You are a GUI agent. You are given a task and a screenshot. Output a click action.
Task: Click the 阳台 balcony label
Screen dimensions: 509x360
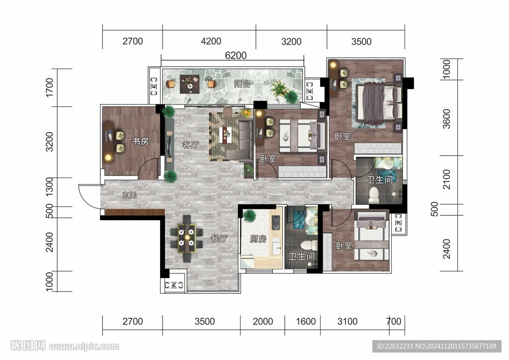(242, 84)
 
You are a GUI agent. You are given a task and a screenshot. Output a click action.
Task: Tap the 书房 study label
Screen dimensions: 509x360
(141, 141)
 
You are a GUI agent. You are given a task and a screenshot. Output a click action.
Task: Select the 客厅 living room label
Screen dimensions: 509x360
(190, 145)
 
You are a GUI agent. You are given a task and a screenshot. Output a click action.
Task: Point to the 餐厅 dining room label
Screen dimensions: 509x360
(219, 239)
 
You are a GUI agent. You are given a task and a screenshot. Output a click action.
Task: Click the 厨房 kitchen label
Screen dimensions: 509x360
(258, 239)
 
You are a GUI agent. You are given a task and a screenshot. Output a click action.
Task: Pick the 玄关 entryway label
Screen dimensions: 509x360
(129, 195)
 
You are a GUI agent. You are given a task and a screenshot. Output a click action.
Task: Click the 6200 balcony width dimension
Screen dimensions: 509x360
(236, 56)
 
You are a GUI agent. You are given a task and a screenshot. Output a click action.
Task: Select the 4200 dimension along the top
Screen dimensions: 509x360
(211, 41)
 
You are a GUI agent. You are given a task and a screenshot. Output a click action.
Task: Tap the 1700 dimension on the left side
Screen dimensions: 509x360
(49, 88)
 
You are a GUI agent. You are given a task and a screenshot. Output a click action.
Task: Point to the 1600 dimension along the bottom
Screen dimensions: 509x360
(306, 321)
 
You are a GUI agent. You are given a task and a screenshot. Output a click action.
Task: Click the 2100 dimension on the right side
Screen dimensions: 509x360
(447, 179)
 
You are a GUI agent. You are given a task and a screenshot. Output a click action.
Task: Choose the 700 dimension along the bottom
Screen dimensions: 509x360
(394, 321)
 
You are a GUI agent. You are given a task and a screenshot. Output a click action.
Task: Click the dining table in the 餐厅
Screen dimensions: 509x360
(187, 239)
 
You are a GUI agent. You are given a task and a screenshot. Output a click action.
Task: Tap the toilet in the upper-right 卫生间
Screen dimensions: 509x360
(374, 195)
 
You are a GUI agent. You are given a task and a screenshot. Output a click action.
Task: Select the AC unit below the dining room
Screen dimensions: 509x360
(173, 285)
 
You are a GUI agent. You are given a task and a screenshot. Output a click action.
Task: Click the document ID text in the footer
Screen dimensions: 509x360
(436, 347)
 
